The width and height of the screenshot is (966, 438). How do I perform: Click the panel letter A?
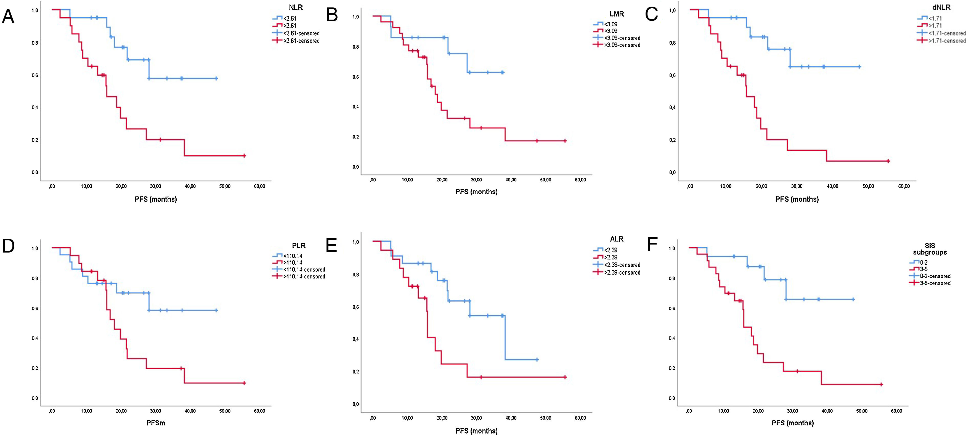pos(8,17)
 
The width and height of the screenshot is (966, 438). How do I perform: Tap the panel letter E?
pos(331,246)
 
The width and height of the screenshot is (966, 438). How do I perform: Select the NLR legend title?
pos(296,7)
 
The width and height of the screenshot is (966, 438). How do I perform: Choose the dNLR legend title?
pos(941,7)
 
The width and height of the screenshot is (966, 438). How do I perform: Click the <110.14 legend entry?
pos(293,256)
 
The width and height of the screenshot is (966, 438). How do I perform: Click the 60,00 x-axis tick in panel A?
pos(259,186)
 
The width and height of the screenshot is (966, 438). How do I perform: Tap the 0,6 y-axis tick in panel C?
pos(672,75)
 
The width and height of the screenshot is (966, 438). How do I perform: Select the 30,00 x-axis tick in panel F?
pos(792,411)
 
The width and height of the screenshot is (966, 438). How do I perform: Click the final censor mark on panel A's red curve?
pos(244,156)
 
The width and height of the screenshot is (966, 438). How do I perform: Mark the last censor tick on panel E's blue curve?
pos(537,360)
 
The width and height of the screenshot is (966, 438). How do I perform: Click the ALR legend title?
pos(617,239)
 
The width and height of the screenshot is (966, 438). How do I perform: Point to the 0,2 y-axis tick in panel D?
pos(35,368)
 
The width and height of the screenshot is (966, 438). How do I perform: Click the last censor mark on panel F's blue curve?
pos(853,299)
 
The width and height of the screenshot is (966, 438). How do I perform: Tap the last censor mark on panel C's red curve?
pos(888,161)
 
